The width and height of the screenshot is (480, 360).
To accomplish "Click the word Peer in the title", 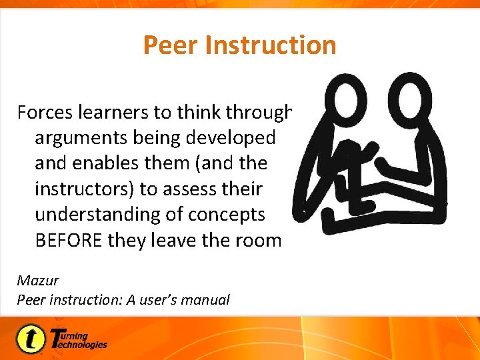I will pos(171,45).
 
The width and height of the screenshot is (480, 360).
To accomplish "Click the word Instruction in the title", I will pos(271,45).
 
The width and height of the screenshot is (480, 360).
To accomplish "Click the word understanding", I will pos(96,215).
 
